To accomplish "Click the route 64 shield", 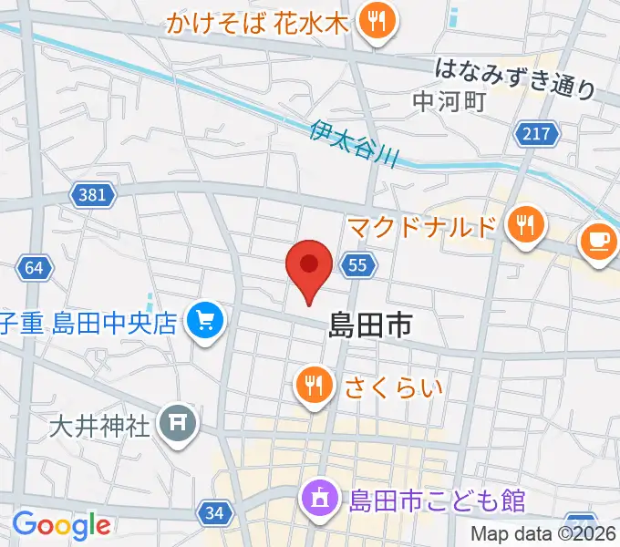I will coord(34,268).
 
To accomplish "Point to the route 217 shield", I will coord(536,135).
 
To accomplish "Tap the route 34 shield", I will coord(214,513).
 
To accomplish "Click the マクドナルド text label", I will coord(422,225).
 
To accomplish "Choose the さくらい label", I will coord(393,387).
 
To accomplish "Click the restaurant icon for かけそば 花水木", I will coord(375,22).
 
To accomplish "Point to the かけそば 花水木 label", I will coord(258,23).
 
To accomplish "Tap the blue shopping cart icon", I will coord(204,322).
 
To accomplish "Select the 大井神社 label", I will coord(99,425).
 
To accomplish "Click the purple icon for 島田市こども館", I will coord(320,500).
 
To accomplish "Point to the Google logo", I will coord(61,525).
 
